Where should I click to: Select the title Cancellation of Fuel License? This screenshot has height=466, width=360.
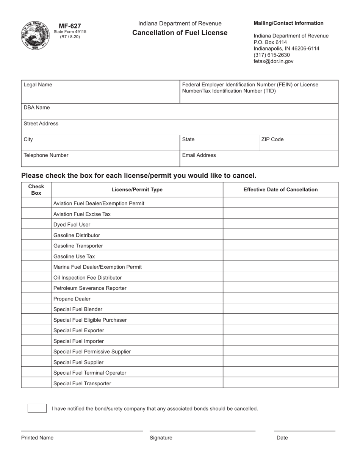coord(180,33)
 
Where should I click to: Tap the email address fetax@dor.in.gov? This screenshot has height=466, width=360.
coord(273,61)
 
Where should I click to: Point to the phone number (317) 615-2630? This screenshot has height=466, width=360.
coord(272,55)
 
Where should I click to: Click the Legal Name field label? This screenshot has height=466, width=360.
coord(38,85)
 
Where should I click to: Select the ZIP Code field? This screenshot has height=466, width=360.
coord(298,143)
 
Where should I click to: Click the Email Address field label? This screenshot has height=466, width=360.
coord(199,155)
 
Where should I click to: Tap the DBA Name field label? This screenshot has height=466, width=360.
coord(37,108)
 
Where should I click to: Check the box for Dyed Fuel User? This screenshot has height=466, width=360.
coord(36,225)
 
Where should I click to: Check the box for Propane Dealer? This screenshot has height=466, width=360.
coord(36,299)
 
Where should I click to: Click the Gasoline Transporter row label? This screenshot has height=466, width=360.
coord(78,246)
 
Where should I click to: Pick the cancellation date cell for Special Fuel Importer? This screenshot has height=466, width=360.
coord(280,341)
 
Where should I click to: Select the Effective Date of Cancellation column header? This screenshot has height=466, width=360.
coord(280,190)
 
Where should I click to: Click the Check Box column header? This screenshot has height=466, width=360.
coord(36,190)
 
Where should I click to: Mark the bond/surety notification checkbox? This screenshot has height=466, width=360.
coord(37,408)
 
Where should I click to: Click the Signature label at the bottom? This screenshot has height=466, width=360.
coord(161,438)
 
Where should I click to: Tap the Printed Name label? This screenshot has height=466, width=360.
coord(37,438)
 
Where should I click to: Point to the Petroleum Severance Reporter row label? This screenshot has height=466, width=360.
coord(90,288)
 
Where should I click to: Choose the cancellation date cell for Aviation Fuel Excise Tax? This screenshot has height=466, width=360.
coord(280,214)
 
